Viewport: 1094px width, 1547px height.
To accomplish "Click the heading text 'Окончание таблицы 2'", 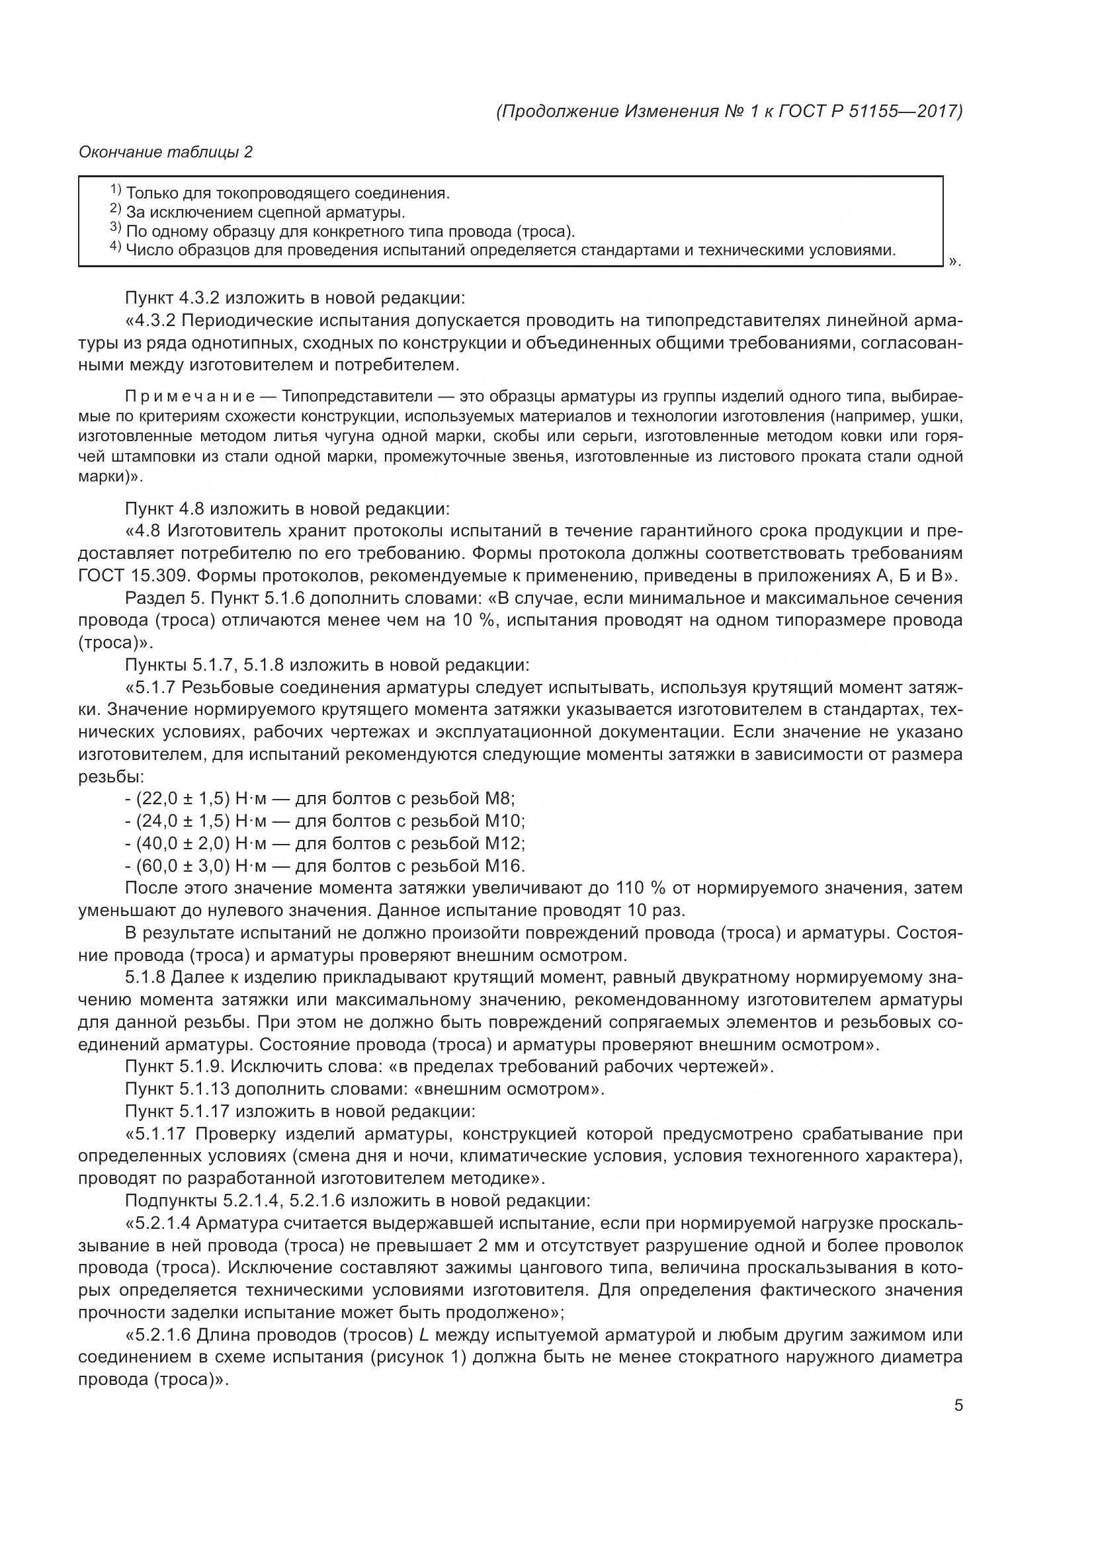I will coord(165,152).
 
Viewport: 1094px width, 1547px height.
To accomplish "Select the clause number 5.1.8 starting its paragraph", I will coord(145,977).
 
